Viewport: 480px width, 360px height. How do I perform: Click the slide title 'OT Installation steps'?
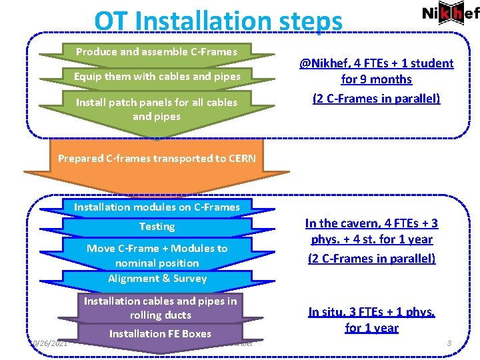218,21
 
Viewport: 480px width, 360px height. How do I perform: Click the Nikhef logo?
451,14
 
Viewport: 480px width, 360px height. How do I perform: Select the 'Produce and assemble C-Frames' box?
157,51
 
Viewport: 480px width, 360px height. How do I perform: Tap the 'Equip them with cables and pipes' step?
157,76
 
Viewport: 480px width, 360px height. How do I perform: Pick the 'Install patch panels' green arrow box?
157,109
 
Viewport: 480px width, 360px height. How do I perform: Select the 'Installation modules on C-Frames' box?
157,207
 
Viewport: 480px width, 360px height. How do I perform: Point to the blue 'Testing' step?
157,227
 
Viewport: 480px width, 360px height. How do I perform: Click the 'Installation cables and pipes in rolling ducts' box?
160,308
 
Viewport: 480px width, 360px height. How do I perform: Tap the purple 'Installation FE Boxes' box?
160,333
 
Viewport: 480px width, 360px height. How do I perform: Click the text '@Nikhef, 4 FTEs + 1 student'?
376,63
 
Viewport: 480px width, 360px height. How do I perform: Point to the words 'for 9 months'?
376,79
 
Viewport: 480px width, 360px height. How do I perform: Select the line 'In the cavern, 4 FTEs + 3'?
371,223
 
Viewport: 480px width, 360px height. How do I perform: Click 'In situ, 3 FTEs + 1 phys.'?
371,311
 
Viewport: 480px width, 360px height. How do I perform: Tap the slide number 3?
449,343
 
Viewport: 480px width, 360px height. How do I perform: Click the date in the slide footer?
48,343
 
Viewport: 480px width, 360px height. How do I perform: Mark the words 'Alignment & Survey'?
157,279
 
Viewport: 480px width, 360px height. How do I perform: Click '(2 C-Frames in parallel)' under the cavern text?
371,258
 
